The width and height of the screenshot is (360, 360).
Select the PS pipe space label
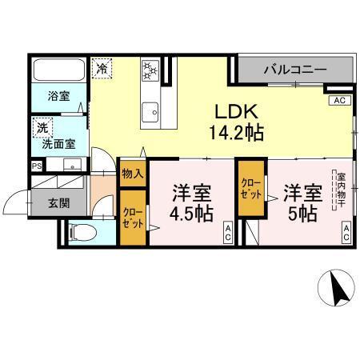(x=36, y=166)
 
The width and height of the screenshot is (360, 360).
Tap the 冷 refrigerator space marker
(x=102, y=69)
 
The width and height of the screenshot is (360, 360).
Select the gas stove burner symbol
(x=151, y=72)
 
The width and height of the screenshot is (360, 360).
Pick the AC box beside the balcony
(x=338, y=102)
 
